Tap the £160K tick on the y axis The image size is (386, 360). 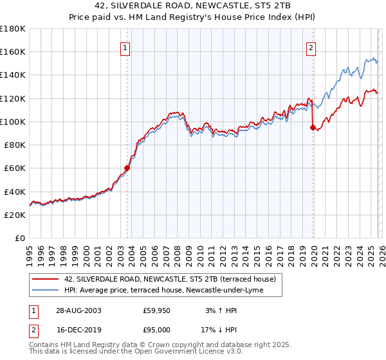(13, 51)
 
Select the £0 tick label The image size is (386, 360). (19, 239)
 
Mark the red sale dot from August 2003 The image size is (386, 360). (127, 168)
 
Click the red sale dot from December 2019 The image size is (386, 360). (313, 127)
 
